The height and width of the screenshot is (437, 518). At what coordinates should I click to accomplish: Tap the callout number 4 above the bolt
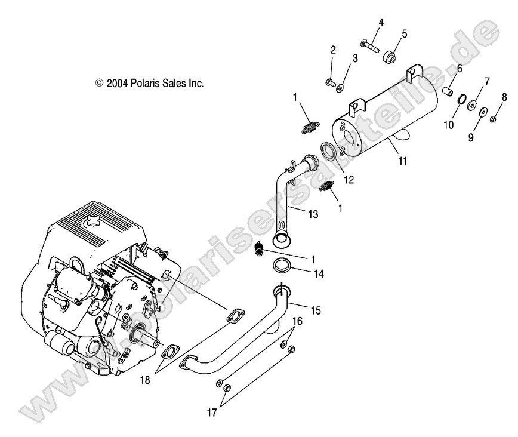(380, 23)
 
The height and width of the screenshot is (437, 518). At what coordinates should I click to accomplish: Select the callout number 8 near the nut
(504, 97)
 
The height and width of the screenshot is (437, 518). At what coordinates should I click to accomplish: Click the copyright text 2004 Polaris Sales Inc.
(149, 84)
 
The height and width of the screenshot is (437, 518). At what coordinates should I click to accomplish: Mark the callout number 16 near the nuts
(297, 321)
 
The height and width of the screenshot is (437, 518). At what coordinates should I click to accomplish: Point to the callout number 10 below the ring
(449, 125)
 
